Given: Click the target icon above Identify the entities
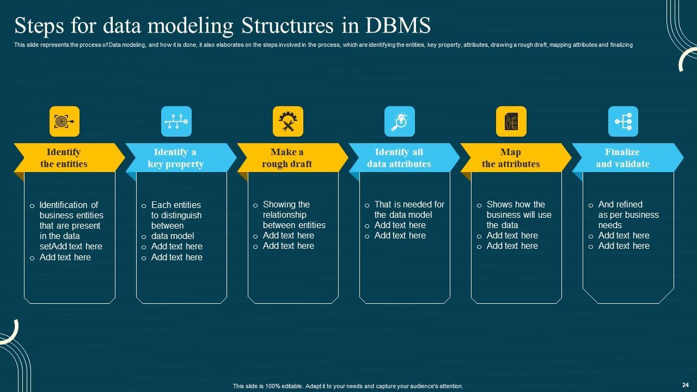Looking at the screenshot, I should tap(64, 121).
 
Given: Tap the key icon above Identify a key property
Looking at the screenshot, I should tap(176, 121).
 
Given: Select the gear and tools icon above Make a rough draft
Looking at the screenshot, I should tap(288, 121).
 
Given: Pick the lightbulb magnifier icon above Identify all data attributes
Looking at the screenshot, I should tap(399, 121).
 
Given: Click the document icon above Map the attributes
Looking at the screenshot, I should tap(511, 121).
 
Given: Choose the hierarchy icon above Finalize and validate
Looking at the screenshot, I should tap(622, 121).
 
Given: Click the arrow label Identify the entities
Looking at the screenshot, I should tap(64, 158).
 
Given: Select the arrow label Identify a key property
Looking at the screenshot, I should tap(175, 158).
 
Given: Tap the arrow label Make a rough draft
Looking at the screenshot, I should tap(287, 158).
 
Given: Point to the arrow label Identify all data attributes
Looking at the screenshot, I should tap(399, 158).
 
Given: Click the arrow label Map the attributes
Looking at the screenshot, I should tap(511, 158).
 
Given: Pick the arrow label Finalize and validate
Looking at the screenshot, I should tap(622, 158).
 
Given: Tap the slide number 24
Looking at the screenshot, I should tap(685, 384).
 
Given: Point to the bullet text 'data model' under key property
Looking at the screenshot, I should tap(173, 236).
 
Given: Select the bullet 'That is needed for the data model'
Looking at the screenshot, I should tap(409, 210).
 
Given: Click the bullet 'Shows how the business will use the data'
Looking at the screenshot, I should tap(518, 215).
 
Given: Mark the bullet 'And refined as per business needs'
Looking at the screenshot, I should tap(628, 215).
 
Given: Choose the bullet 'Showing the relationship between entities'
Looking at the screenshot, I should tap(294, 215).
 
